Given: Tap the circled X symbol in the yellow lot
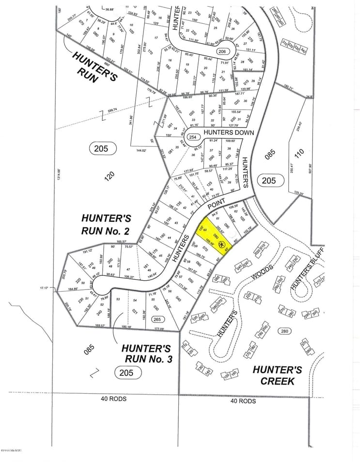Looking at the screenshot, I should pos(222,244).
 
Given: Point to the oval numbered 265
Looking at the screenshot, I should pos(157,319).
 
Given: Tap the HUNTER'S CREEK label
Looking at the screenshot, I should pos(278,375).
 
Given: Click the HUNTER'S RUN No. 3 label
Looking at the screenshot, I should pos(146,354).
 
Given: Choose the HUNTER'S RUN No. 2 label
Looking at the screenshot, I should pos(106,224).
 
